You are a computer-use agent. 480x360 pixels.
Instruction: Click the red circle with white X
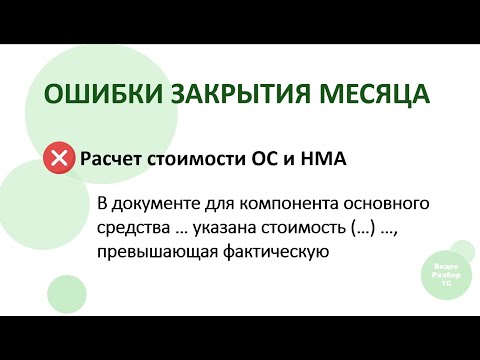tap(59, 159)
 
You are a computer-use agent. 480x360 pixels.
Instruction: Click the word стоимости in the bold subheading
tap(200, 159)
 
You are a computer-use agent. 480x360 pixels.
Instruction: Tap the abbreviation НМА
tap(323, 159)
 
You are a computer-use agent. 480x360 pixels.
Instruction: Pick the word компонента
tap(283, 205)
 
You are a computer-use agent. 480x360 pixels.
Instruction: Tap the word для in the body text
tap(211, 205)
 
